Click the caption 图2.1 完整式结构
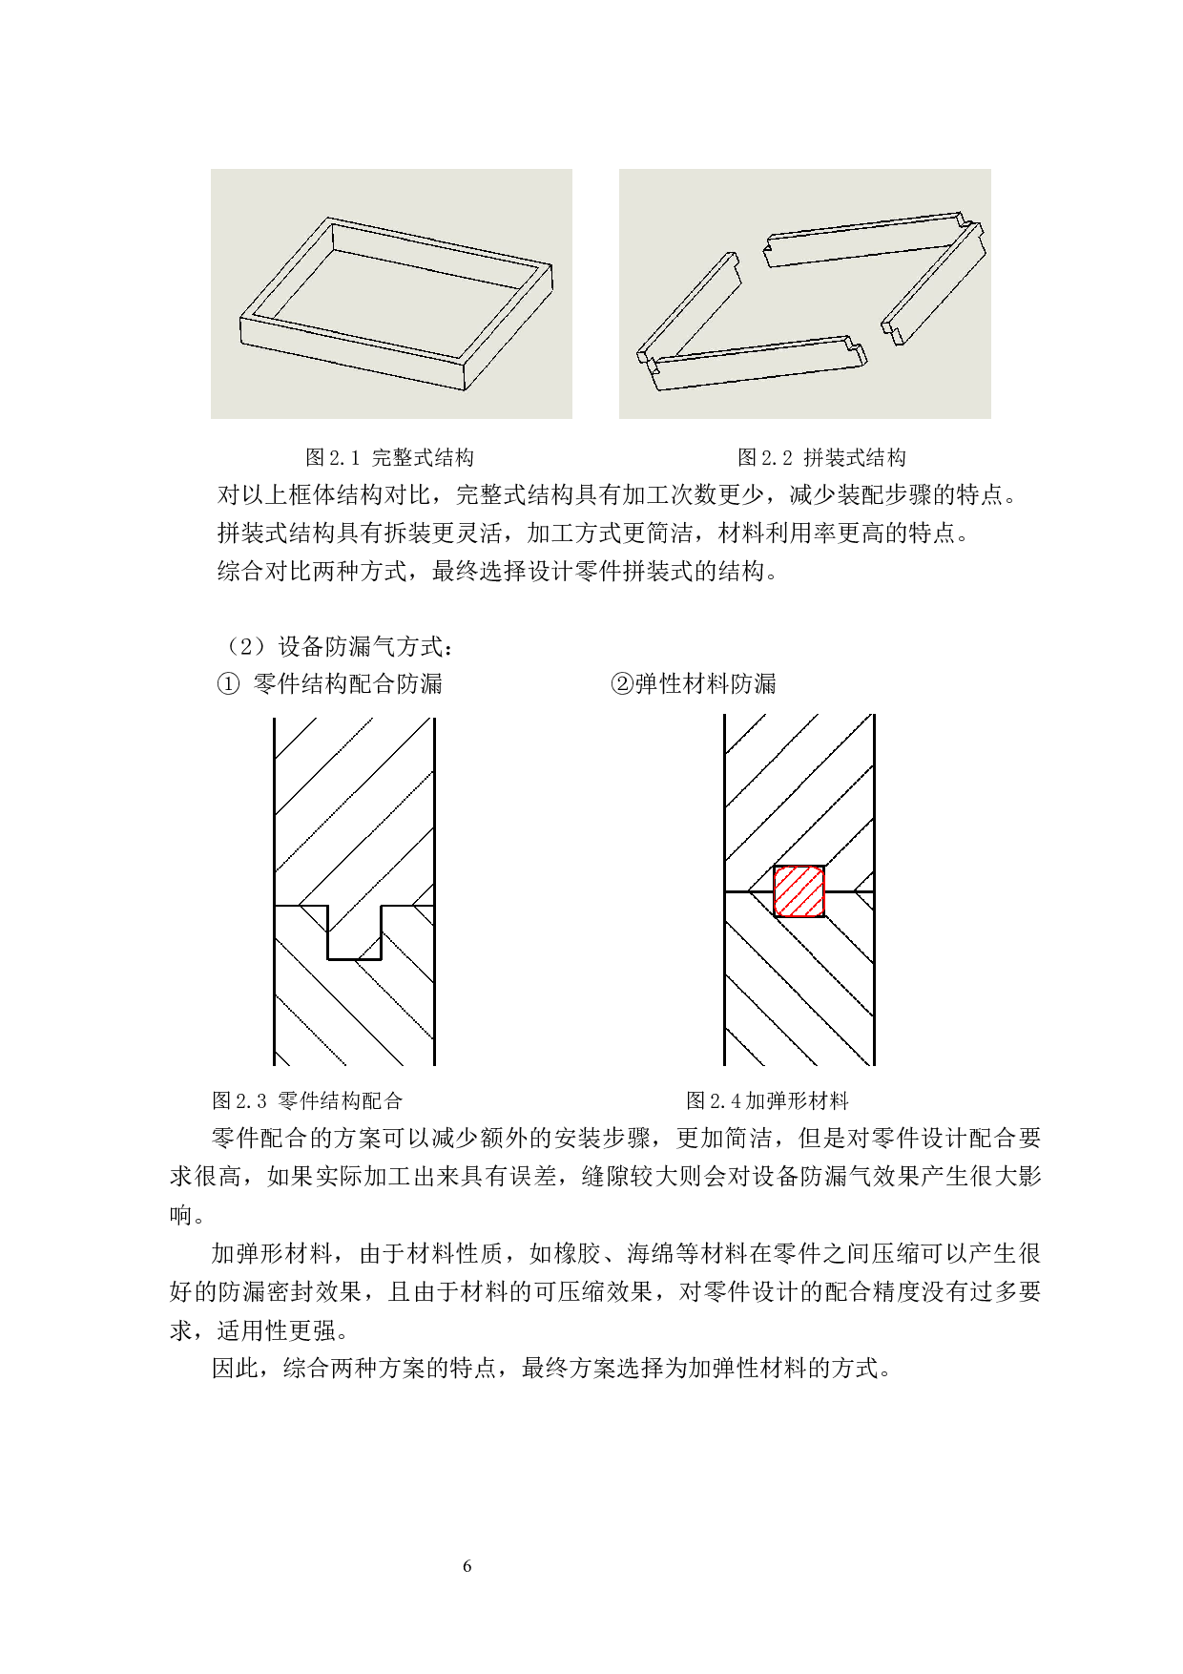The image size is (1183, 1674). [x=389, y=458]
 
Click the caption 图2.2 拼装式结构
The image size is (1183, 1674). [x=821, y=458]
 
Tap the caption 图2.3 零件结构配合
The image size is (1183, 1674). [x=307, y=1101]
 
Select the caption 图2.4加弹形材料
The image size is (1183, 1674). [x=767, y=1101]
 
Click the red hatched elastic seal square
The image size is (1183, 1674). [x=799, y=891]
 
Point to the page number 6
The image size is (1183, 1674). [x=467, y=1566]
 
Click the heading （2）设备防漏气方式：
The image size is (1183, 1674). [x=337, y=647]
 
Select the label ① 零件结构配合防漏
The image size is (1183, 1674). [x=330, y=684]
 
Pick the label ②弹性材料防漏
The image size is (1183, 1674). [x=694, y=684]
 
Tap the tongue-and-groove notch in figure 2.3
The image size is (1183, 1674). [x=354, y=932]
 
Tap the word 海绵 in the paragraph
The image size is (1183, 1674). [x=651, y=1254]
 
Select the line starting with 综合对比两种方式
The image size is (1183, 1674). [x=498, y=572]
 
